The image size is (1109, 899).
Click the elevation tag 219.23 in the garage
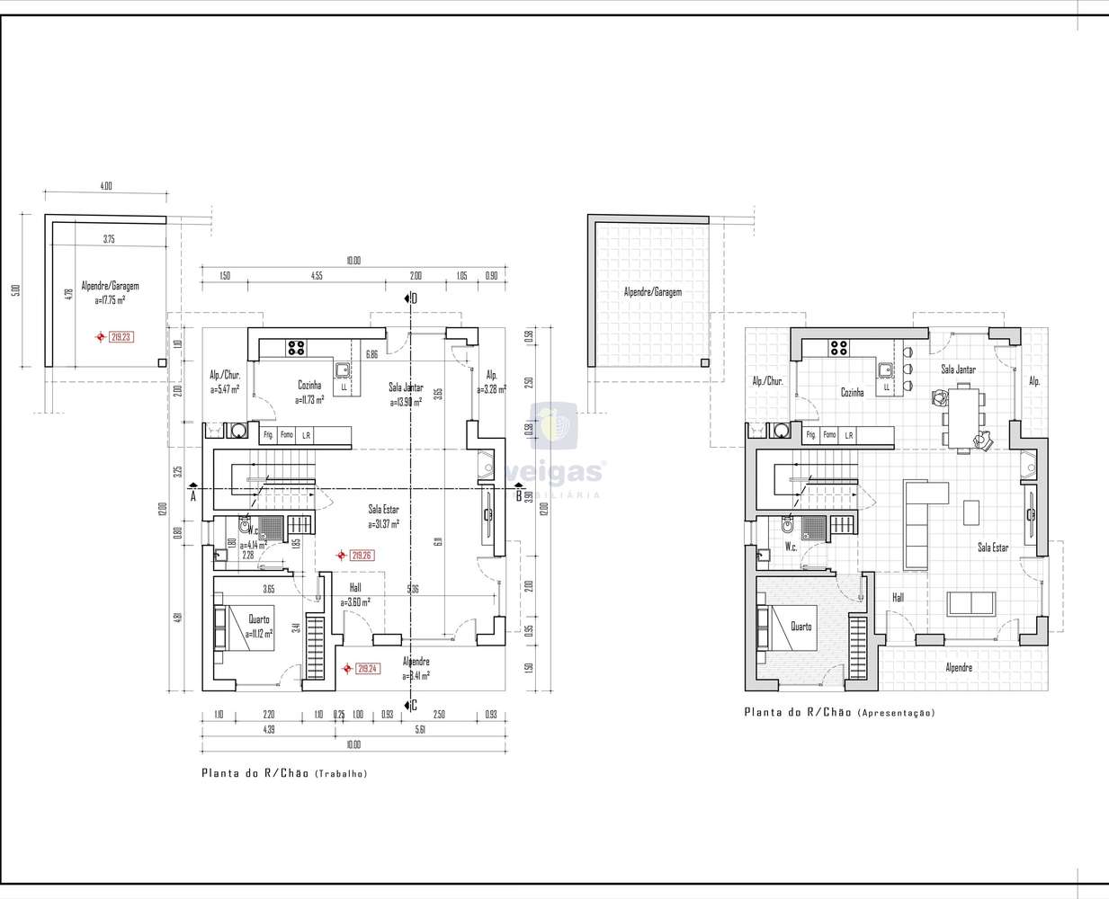[x=121, y=337]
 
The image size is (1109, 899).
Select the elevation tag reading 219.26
[x=361, y=556]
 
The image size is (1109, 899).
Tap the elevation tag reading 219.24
[x=367, y=669]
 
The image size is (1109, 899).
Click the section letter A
[x=193, y=495]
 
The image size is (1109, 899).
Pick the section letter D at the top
[x=414, y=298]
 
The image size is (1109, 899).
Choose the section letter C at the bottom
[x=414, y=706]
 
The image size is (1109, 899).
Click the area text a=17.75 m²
[x=111, y=300]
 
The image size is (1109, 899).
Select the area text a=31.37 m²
[x=383, y=524]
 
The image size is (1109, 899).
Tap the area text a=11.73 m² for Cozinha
[x=309, y=399]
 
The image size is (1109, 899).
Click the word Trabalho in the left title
[x=341, y=774]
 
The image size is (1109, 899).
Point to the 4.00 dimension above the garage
[x=106, y=186]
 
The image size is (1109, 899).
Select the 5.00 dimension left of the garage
[x=15, y=289]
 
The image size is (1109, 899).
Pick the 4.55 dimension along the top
[x=317, y=276]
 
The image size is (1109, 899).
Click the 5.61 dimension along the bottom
[x=420, y=729]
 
